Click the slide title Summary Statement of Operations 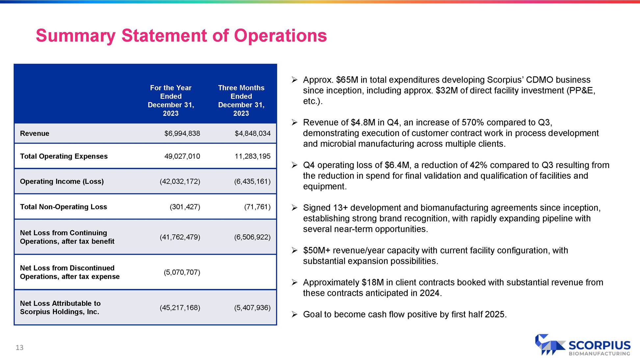181,36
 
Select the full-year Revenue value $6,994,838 182,133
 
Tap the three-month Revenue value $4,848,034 253,133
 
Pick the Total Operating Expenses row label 64,156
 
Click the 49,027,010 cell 182,156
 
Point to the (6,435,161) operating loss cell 252,181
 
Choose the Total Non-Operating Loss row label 63,207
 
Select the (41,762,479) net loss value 180,237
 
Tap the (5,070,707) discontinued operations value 182,272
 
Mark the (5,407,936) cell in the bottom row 252,308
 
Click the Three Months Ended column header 241,100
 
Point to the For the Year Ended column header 171,100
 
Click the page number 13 19,347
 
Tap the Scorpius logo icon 549,345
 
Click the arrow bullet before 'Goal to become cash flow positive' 295,314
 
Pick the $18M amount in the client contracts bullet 372,282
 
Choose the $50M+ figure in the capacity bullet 316,250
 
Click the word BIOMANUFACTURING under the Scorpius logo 599,354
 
